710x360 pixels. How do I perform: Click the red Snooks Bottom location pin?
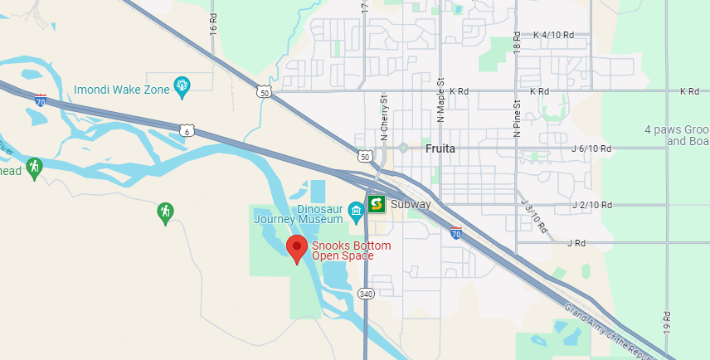click(x=297, y=248)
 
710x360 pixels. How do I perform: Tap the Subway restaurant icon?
click(x=377, y=204)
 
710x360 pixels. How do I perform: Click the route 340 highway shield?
click(x=366, y=294)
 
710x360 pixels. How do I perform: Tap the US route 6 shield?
click(x=187, y=129)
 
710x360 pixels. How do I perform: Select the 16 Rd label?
click(x=213, y=23)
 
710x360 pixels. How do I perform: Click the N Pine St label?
click(x=517, y=117)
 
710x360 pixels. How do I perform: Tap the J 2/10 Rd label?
click(x=592, y=205)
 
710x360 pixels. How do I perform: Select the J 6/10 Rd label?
click(x=591, y=149)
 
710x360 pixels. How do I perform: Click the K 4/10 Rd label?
click(x=553, y=35)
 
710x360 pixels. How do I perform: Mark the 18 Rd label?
click(x=517, y=42)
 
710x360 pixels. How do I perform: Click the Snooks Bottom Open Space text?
click(x=351, y=251)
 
